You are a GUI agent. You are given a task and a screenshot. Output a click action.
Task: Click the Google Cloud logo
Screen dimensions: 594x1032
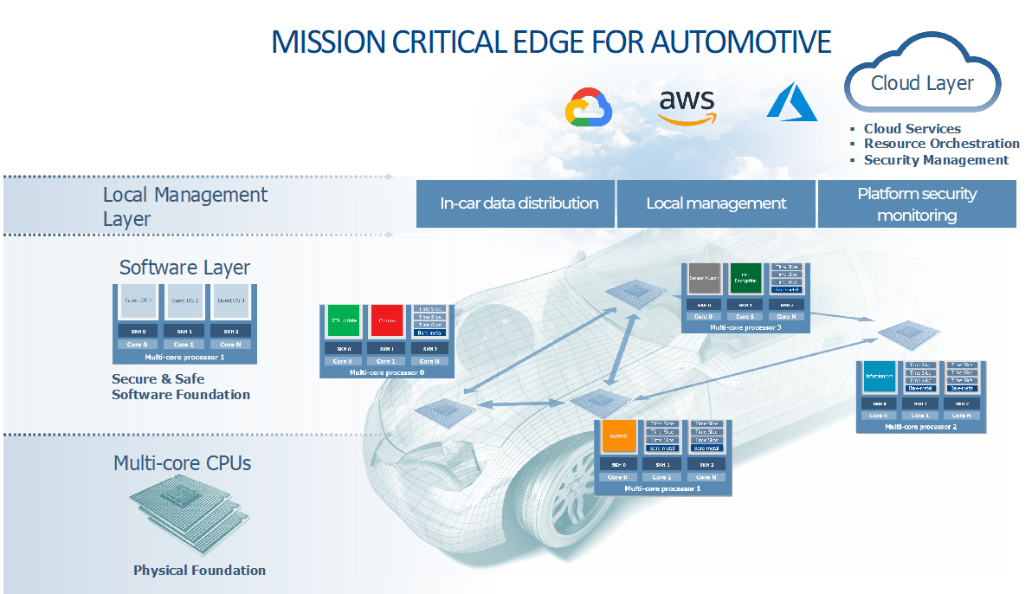point(589,108)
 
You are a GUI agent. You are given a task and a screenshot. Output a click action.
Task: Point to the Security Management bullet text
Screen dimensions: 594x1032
point(936,160)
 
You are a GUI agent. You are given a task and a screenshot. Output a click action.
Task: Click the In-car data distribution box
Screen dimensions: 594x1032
point(519,203)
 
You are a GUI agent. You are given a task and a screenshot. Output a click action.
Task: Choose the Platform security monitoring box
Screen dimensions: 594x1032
point(916,204)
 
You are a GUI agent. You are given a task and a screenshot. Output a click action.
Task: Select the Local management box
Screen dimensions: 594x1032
point(716,203)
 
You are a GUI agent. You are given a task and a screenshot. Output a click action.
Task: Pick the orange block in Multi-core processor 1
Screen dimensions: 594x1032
point(618,436)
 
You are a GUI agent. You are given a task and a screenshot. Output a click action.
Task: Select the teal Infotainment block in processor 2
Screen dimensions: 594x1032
point(878,377)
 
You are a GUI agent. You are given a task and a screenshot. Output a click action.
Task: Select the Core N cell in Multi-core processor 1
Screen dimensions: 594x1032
point(706,477)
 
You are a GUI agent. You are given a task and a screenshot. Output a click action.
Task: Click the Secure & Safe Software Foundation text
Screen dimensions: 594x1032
point(181,387)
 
